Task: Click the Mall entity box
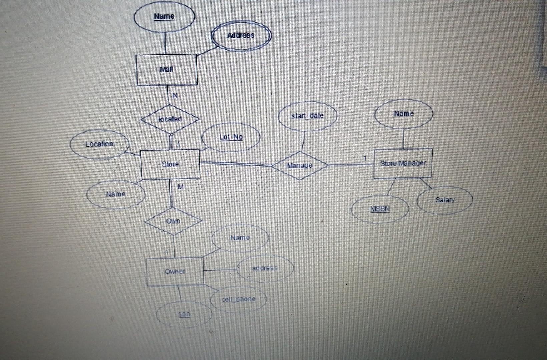tap(167, 70)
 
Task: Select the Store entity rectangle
tap(170, 164)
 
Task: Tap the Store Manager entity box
tap(403, 163)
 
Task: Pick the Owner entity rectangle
tap(175, 271)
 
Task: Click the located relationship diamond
tap(170, 119)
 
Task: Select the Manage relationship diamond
tap(299, 166)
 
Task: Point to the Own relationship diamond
tap(173, 221)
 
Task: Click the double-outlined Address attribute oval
tap(241, 35)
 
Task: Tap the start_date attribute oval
tap(307, 116)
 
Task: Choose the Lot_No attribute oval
tap(231, 137)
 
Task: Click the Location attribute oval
tap(99, 144)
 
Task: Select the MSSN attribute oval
tap(380, 209)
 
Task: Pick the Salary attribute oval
tap(445, 200)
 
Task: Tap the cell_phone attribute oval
tap(238, 299)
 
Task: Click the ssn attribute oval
tap(184, 314)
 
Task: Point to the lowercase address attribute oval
tap(265, 268)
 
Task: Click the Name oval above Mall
tap(164, 16)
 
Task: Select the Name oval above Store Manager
tap(404, 114)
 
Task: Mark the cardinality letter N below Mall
tap(175, 96)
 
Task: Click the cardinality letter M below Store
tap(180, 187)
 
